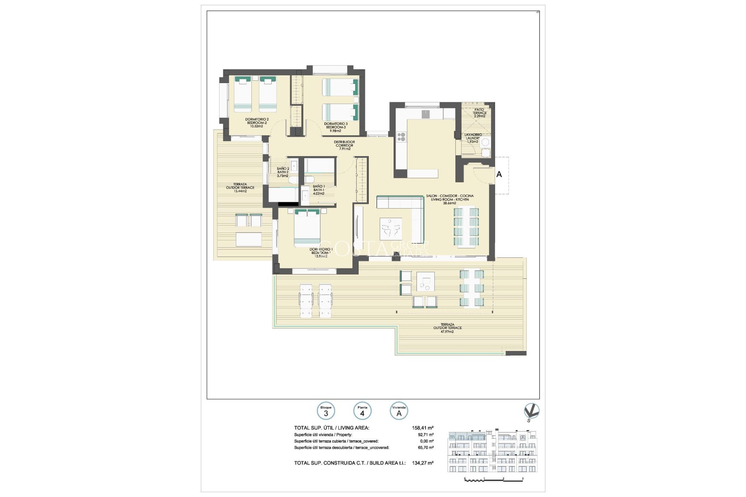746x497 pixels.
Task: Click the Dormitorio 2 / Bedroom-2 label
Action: point(256,123)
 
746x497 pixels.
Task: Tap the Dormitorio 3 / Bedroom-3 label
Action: point(336,127)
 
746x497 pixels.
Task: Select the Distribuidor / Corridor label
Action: point(344,145)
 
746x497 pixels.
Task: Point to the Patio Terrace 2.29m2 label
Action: point(479,113)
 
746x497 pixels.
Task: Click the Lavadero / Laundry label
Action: point(473,138)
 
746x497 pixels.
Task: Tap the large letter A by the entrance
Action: point(499,174)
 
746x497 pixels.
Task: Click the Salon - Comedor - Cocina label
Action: point(450,199)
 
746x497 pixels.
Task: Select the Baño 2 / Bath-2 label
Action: point(283,172)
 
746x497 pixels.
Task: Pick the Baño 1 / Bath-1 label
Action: point(319,190)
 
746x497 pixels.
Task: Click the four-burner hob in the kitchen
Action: point(401,137)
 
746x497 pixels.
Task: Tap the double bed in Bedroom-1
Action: point(307,228)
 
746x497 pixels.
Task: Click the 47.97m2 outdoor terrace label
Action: point(447,328)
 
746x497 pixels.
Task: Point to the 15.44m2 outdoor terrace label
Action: point(240,188)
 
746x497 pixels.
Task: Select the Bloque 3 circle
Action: point(326,411)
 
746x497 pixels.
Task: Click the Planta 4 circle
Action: point(362,411)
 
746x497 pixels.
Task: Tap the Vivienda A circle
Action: point(399,411)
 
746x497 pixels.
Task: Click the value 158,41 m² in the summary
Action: point(423,428)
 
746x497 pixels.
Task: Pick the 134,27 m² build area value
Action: point(423,463)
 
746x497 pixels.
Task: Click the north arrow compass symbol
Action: point(531,412)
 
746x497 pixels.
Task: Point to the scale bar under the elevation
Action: point(493,480)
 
